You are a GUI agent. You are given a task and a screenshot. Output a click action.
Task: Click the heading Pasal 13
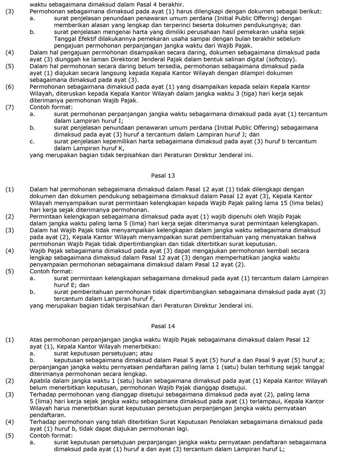pyautogui.click(x=163, y=175)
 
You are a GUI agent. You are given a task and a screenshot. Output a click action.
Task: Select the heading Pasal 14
pyautogui.click(x=163, y=326)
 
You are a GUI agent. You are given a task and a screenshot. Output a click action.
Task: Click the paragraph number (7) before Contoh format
pyautogui.click(x=10, y=107)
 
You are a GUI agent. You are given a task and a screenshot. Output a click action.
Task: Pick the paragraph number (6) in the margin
pyautogui.click(x=10, y=87)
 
